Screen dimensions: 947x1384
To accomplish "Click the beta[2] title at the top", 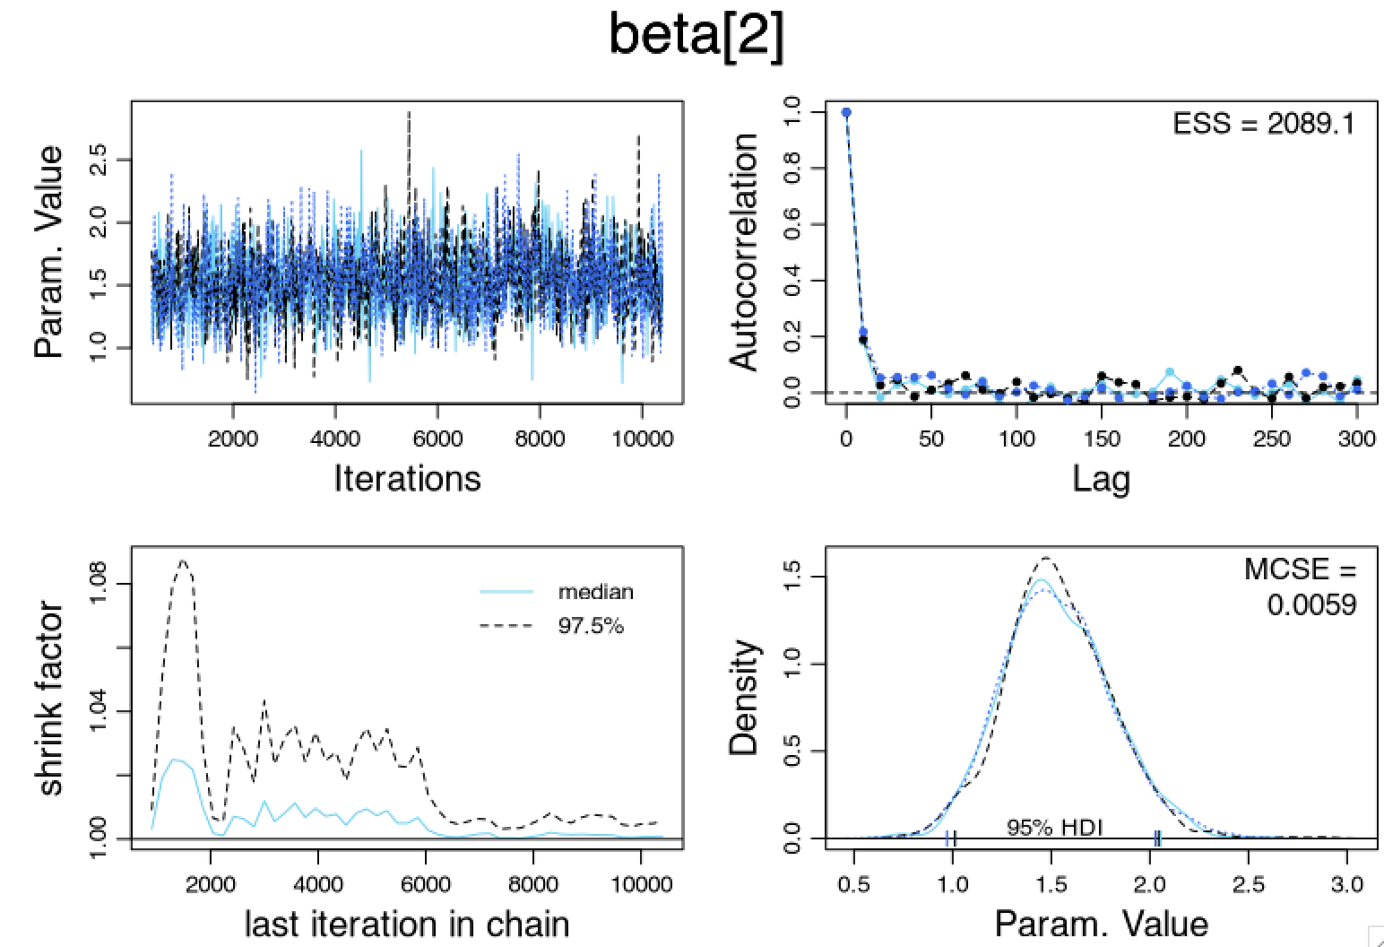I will tap(696, 36).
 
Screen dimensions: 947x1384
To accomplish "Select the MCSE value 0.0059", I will tap(1311, 604).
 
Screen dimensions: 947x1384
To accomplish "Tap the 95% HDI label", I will tap(1054, 828).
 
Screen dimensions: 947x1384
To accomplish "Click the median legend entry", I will tap(595, 592).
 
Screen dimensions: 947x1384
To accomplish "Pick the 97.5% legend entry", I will tap(590, 626).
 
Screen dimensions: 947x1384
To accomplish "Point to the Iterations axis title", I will tap(407, 478).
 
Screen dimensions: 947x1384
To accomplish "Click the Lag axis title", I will tap(1101, 480).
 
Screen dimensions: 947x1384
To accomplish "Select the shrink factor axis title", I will tap(52, 699).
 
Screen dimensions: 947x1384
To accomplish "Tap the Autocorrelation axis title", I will tap(744, 252).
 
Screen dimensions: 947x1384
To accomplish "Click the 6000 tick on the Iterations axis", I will tap(437, 439).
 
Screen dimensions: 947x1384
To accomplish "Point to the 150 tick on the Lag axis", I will tap(1102, 439).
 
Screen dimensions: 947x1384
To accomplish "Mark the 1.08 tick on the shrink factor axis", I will tap(99, 584).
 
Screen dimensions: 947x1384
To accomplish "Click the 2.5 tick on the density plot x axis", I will tap(1249, 886).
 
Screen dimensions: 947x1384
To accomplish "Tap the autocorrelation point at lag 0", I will tap(845, 112).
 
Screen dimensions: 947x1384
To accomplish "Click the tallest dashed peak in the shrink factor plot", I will tap(183, 561).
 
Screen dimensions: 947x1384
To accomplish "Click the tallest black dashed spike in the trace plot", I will tap(410, 114).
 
